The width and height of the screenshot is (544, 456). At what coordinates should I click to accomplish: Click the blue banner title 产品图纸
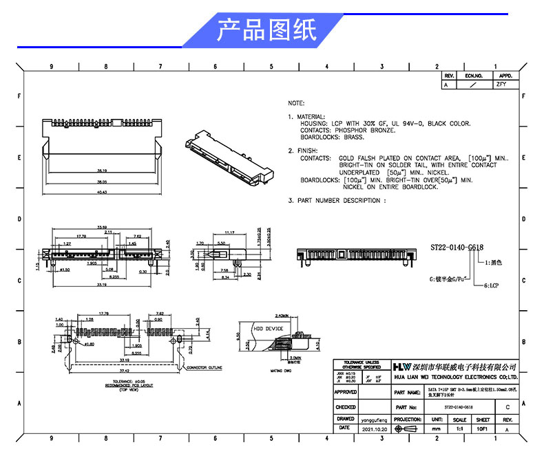coord(266,31)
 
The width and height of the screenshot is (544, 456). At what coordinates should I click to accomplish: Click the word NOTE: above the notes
coord(295,102)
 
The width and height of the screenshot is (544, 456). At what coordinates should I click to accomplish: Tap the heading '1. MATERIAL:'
coord(307,117)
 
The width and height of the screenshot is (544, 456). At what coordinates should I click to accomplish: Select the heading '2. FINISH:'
coord(302,150)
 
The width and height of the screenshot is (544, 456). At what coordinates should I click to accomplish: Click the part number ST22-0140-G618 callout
coord(457,247)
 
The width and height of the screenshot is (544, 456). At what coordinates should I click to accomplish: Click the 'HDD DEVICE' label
coord(269,329)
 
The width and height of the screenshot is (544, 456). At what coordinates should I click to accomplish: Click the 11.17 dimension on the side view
coord(231,232)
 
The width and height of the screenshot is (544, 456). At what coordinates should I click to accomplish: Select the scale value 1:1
coord(459,428)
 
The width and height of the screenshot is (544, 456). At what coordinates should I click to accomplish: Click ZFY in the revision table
coord(501,85)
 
